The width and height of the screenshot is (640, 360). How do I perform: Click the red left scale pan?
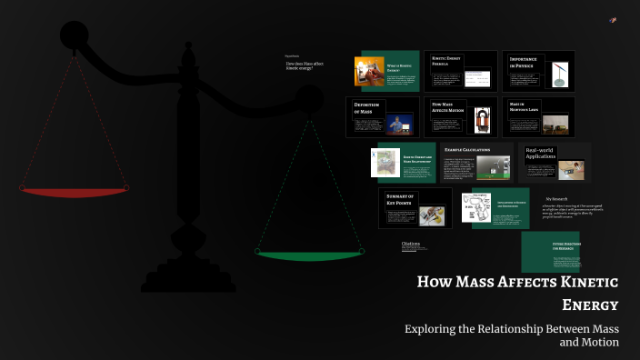75,192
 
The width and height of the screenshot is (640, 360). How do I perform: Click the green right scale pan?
309,255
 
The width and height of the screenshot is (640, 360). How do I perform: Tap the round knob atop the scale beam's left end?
74,35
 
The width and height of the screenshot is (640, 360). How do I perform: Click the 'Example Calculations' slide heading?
467,149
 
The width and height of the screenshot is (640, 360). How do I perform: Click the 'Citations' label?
410,244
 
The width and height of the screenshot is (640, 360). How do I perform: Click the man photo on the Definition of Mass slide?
396,124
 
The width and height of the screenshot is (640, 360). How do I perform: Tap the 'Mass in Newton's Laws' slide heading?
524,107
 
